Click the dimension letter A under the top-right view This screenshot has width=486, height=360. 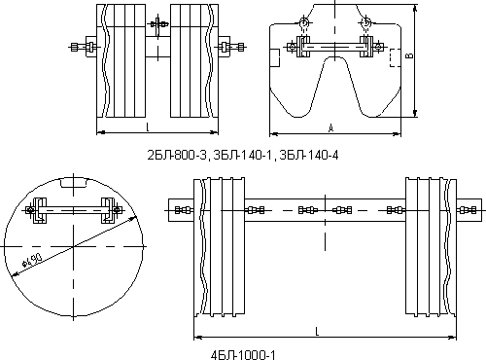tap(330, 128)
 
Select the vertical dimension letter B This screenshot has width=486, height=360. tap(410, 55)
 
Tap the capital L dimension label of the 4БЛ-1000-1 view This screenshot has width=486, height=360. tap(317, 331)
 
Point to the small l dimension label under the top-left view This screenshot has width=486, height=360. tap(148, 127)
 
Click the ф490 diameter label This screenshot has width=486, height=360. tap(32, 260)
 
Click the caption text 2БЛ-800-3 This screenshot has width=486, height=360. tap(177, 156)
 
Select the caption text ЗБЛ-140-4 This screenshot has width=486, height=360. tap(309, 156)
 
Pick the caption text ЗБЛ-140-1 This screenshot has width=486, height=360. tap(243, 156)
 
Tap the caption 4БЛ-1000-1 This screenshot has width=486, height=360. tap(243, 355)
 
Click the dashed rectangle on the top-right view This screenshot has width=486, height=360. tap(395, 58)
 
